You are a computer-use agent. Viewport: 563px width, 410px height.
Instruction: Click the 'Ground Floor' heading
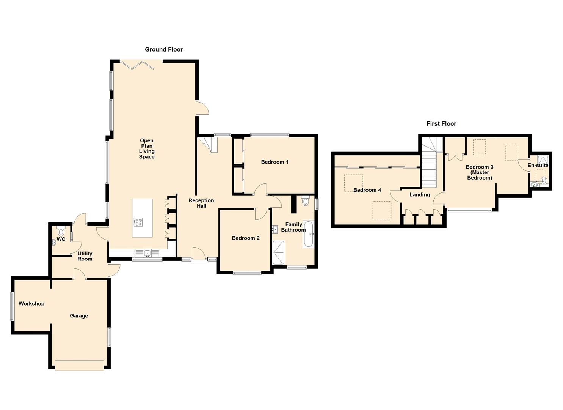[x=164, y=50]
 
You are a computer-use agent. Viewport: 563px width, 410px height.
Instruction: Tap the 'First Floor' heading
[x=441, y=124]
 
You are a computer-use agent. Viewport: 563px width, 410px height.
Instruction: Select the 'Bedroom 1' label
[x=274, y=162]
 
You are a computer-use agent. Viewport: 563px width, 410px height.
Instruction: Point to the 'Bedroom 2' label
[x=246, y=238]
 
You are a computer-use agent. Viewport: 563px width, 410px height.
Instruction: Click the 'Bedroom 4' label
[x=367, y=190]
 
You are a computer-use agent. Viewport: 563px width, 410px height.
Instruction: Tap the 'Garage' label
[x=79, y=315]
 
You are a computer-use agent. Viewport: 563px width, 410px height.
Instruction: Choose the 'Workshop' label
[x=31, y=304]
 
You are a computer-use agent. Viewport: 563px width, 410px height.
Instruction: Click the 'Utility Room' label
[x=85, y=256]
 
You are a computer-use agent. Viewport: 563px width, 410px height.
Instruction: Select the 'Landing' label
[x=419, y=194]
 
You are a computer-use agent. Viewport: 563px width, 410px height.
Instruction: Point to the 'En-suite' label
[x=538, y=166]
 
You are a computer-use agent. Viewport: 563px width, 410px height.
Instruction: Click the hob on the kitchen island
[x=138, y=222]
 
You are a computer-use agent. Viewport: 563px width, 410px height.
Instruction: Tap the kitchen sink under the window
[x=147, y=253]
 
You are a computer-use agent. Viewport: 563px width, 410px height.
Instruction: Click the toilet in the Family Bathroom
[x=305, y=200]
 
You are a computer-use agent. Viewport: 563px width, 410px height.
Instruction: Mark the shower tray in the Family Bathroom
[x=279, y=252]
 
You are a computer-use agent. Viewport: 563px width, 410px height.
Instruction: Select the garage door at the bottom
[x=79, y=366]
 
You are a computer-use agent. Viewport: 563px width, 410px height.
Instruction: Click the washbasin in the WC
[x=53, y=242]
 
